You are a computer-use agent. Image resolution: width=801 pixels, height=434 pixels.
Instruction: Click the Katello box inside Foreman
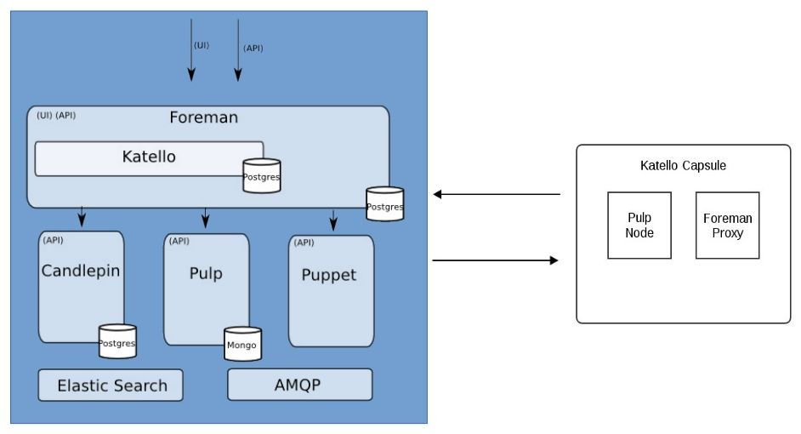pos(149,157)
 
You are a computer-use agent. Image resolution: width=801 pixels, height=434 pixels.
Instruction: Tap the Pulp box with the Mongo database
pos(206,285)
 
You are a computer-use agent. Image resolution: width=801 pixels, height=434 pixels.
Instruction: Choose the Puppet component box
pos(331,289)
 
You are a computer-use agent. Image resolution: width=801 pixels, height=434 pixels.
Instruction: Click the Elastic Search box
pos(111,385)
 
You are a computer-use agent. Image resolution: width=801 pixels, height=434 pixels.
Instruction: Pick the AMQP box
pos(299,385)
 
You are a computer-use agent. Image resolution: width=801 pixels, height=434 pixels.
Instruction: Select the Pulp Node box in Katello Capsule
pos(639,225)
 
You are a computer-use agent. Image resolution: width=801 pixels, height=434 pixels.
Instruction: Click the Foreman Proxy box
pos(727,225)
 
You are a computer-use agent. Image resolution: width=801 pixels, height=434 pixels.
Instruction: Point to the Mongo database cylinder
pos(241,344)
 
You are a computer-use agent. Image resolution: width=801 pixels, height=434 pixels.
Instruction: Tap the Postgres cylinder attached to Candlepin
pos(117,341)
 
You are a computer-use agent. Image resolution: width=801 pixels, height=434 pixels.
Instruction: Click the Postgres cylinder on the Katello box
pos(261,175)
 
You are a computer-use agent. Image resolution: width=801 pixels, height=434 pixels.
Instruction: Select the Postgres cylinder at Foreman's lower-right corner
pos(384,203)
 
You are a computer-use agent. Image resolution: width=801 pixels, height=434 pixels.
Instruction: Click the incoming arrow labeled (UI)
pos(191,51)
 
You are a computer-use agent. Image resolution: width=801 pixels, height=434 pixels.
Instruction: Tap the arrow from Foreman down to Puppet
pos(333,220)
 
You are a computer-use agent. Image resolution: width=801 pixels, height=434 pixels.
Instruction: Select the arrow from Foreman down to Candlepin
pos(82,217)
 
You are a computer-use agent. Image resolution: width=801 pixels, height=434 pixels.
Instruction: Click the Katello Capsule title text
pos(683,165)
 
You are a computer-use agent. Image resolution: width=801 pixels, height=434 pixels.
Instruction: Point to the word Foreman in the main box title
pos(203,117)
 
